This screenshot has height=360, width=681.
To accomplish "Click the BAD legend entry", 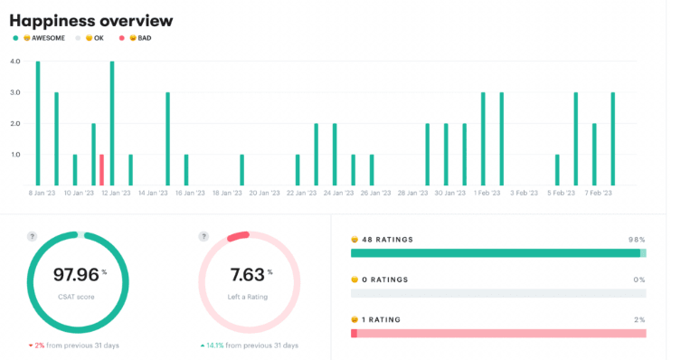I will point(139,38).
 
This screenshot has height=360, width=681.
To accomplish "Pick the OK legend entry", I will point(94,38).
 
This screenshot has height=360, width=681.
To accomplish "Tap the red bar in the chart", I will point(101,169).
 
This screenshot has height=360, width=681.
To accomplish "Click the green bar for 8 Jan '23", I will point(37,123).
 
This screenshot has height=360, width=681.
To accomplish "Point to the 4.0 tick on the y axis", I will point(14,62).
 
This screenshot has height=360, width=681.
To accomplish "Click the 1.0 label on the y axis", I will point(14,154).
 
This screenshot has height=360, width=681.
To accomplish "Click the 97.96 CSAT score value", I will point(77,274).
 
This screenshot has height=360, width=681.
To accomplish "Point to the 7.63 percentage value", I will point(248,274).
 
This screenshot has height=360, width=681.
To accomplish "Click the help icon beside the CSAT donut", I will point(32,237).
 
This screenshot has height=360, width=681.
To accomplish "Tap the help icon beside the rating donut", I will point(204,237).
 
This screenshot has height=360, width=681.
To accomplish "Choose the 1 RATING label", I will point(383,320).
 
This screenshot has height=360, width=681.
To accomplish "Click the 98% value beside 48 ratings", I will point(637,240).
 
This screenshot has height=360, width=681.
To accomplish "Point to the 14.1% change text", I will point(249,346).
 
